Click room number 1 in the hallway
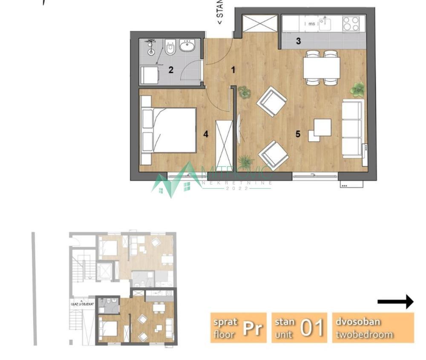[233, 70]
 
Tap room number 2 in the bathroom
[171, 70]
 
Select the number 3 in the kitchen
[298, 41]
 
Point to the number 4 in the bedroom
[206, 134]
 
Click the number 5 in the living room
[298, 134]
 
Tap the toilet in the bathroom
[170, 49]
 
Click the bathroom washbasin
[187, 45]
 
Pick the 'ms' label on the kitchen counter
[312, 24]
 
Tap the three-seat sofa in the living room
[353, 128]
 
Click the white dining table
[322, 68]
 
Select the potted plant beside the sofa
[358, 89]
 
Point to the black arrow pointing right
[395, 302]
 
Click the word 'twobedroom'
[364, 334]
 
